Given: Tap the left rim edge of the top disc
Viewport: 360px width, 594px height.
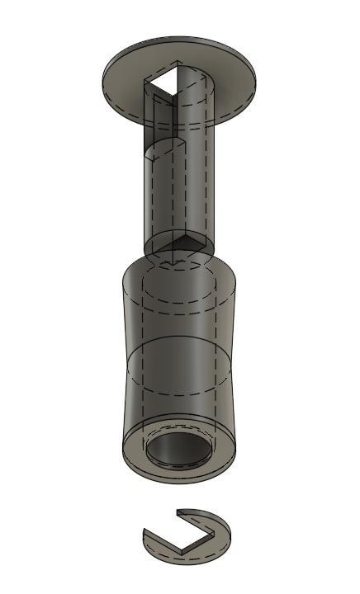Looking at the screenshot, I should pos(103,78).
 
